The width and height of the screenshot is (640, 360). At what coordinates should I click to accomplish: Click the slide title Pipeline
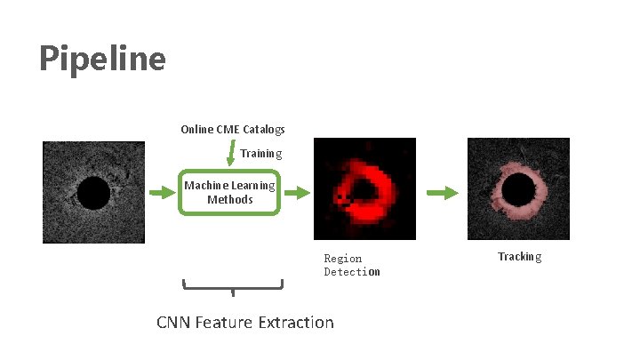pos(102,59)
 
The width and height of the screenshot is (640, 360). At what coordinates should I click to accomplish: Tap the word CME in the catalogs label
pos(231,130)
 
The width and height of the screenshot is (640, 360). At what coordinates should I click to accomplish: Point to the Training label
pos(260,153)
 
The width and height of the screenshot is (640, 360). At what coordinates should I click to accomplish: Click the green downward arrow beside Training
pos(231,155)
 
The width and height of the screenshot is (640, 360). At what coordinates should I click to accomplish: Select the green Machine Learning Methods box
pos(230,192)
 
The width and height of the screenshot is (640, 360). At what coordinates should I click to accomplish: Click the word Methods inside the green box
pos(230,200)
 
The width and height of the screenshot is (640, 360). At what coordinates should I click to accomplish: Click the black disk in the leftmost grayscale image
pos(92,193)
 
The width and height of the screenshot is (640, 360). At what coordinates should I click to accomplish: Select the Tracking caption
pos(519,257)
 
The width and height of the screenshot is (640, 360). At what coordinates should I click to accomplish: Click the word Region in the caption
pos(342,259)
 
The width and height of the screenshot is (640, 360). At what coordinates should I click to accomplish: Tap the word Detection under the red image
pos(351,272)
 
